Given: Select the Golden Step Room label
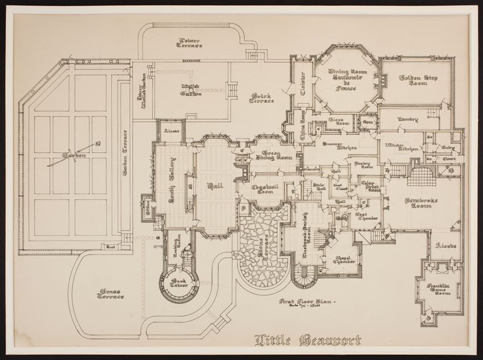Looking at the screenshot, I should coord(418,81).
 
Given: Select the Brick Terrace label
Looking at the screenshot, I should coord(261,98).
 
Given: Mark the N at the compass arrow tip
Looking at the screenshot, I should coord(98,144).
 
